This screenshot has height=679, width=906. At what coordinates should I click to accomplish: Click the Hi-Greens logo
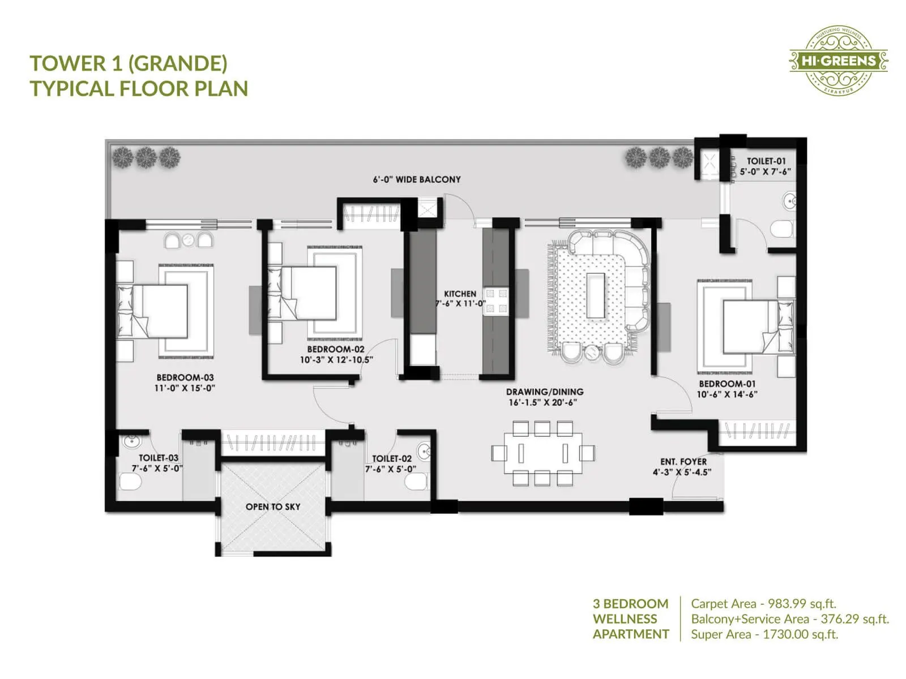[839, 61]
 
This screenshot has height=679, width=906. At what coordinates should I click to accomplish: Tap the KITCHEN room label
[460, 294]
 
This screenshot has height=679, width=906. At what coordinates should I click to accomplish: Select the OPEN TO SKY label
[273, 506]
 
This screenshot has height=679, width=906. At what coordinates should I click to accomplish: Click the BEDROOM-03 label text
[185, 377]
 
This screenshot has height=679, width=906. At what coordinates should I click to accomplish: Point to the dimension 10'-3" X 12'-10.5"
[336, 360]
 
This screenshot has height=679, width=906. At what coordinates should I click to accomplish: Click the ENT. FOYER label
[683, 462]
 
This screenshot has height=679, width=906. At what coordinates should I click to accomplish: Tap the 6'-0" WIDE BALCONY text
[417, 179]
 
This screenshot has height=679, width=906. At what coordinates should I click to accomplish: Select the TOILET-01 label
[766, 161]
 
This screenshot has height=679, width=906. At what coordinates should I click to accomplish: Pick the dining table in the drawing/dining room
[543, 453]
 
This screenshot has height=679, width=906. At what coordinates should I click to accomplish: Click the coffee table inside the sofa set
[596, 295]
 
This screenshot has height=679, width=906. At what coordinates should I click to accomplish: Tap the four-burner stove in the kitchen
[496, 300]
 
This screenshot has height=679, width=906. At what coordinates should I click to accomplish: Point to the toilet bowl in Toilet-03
[131, 482]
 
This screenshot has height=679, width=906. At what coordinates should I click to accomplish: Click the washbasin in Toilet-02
[424, 451]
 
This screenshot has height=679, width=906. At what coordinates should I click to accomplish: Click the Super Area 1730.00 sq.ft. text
[764, 634]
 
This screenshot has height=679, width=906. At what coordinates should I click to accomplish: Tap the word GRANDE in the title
[178, 63]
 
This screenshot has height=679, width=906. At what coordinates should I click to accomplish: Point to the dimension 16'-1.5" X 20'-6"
[542, 402]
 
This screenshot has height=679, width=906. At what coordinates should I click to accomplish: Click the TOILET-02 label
[391, 458]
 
